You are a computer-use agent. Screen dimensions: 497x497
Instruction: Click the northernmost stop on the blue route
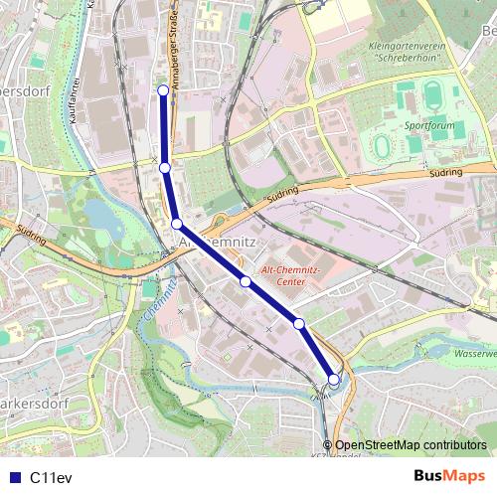(164, 91)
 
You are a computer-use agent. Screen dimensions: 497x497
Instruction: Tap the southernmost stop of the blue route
(334, 379)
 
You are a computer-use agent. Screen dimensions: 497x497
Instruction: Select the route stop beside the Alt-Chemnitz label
(177, 225)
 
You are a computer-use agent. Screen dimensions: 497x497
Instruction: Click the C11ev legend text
(51, 477)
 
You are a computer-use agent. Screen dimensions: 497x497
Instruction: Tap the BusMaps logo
(448, 476)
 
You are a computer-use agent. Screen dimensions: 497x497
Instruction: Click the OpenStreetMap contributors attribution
(411, 445)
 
